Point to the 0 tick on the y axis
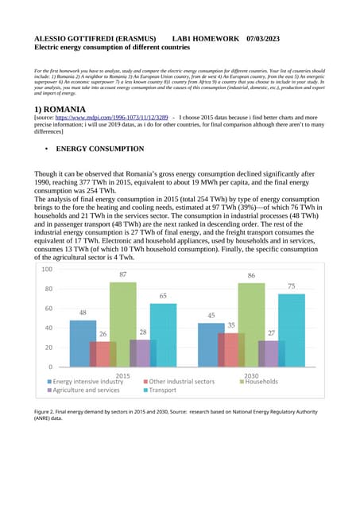(50, 367)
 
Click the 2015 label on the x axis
(123, 375)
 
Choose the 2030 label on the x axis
(252, 375)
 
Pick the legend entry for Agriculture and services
(87, 390)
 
